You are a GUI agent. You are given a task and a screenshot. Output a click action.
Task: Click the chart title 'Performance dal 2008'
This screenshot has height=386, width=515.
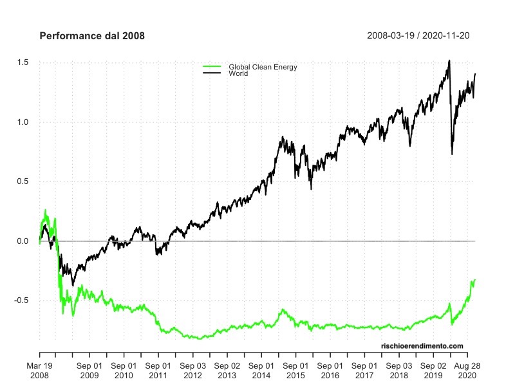pos(92,36)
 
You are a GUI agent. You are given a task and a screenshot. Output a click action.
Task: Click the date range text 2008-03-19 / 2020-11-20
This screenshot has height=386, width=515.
pos(418,35)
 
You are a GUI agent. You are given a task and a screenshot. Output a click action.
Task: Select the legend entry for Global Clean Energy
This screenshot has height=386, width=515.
pos(258,67)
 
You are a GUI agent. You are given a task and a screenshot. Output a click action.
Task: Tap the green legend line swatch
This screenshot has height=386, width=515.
pos(211,67)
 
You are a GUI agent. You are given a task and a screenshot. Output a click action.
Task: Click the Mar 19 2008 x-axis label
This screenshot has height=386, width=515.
pos(40,370)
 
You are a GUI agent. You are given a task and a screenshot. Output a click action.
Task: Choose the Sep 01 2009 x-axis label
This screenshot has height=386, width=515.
pos(89,370)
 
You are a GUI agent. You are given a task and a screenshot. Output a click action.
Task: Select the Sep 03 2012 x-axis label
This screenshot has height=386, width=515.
pos(192,370)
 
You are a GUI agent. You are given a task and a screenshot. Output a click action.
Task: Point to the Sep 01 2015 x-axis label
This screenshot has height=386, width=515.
pos(295,370)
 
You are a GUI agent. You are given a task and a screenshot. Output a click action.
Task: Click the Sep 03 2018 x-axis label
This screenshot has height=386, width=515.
pos(398,370)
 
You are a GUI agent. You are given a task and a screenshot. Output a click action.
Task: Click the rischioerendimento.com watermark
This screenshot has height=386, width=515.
pos(422,346)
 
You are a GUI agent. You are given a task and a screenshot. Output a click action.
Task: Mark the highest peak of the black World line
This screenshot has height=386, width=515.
pos(449,60)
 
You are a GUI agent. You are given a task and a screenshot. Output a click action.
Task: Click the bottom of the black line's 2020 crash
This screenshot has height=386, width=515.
pos(452,154)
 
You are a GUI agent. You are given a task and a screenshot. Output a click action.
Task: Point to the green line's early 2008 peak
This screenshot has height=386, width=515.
pos(45,210)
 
